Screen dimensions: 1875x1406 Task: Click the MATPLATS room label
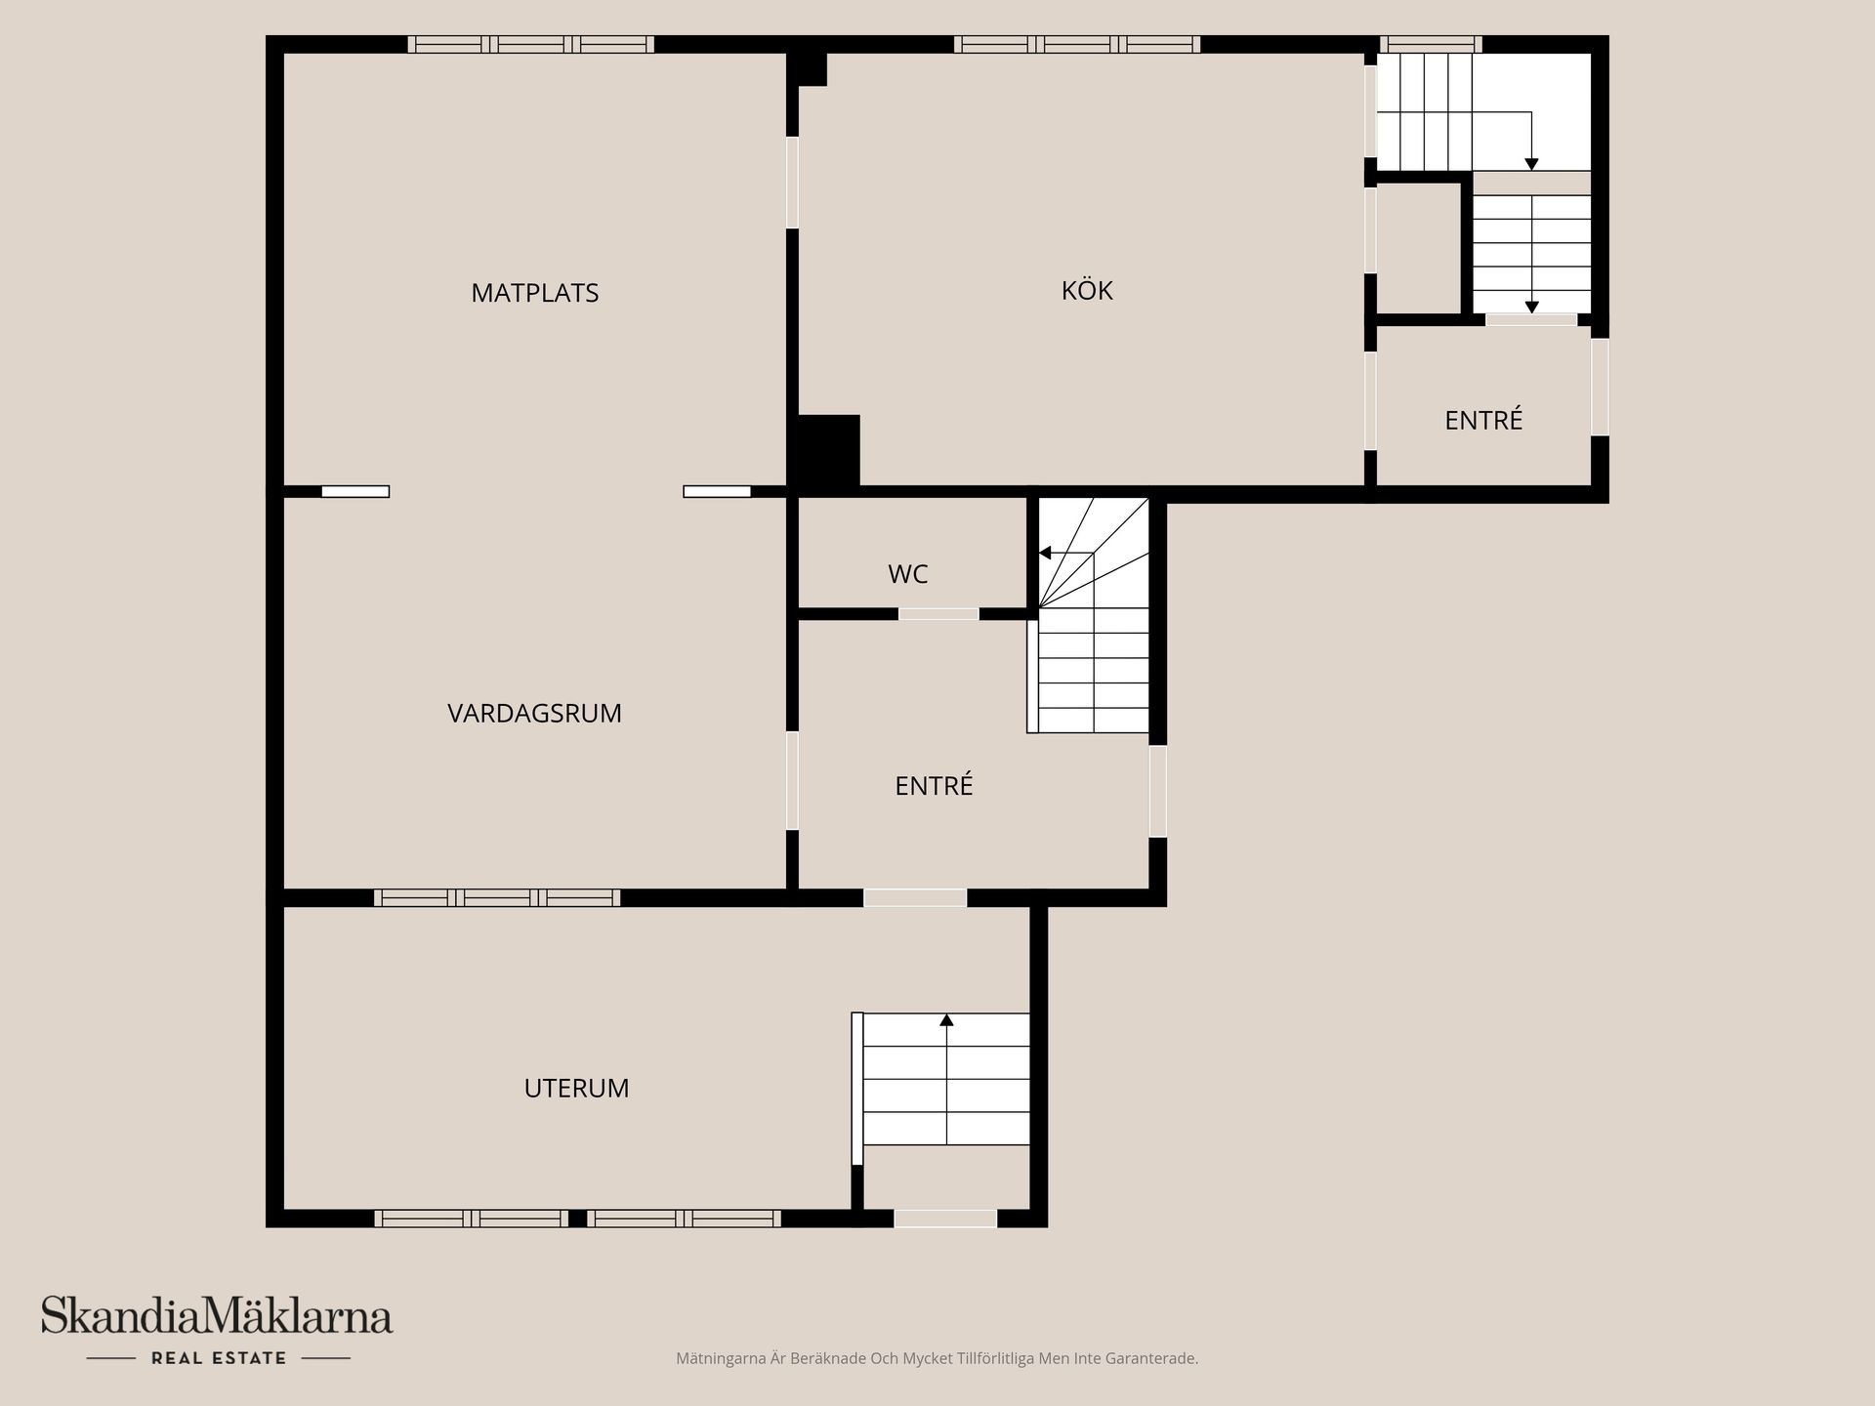534,293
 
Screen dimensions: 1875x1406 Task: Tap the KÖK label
1087,290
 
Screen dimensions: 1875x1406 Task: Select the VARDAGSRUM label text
534,714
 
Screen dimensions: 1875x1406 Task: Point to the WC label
908,574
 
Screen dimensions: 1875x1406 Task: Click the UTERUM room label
576,1088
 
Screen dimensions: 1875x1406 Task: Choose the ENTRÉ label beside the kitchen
1483,420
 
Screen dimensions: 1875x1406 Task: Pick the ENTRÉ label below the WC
934,785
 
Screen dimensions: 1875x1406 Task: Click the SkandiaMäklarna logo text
217,1316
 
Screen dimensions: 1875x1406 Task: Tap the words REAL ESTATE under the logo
219,1358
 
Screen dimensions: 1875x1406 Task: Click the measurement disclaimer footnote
937,1358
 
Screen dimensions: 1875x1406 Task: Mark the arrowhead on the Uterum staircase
946,1020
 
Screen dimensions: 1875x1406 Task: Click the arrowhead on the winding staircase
1044,554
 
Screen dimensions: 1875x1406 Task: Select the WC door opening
938,614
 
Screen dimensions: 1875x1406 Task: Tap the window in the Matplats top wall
530,44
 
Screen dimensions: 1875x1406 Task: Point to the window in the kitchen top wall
1077,44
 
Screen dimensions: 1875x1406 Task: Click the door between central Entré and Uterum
915,897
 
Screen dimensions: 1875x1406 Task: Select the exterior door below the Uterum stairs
945,1219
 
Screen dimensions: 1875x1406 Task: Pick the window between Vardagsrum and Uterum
497,897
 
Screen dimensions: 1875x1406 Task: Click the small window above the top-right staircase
1431,44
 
